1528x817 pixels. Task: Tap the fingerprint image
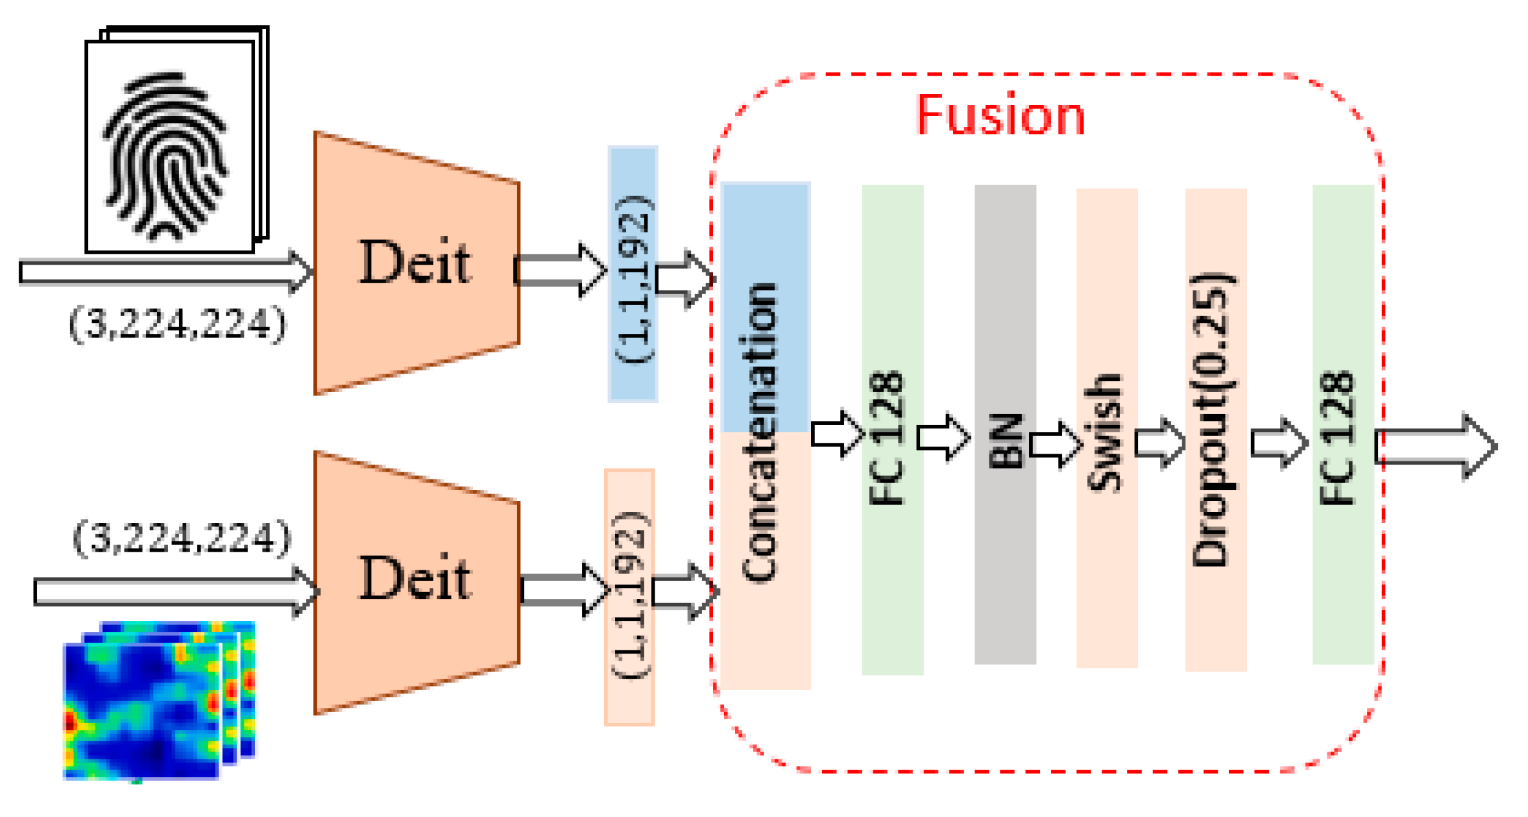pyautogui.click(x=169, y=147)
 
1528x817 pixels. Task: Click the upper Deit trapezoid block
pyautogui.click(x=416, y=263)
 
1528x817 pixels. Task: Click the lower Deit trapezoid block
pyautogui.click(x=416, y=580)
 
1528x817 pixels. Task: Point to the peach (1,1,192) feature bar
pyautogui.click(x=629, y=596)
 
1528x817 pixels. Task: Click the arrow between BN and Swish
pyautogui.click(x=1055, y=443)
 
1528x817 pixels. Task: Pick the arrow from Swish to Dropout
pyautogui.click(x=1159, y=442)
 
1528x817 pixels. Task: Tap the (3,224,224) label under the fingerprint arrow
pyautogui.click(x=177, y=324)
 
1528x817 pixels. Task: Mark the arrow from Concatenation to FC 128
pyautogui.click(x=836, y=434)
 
